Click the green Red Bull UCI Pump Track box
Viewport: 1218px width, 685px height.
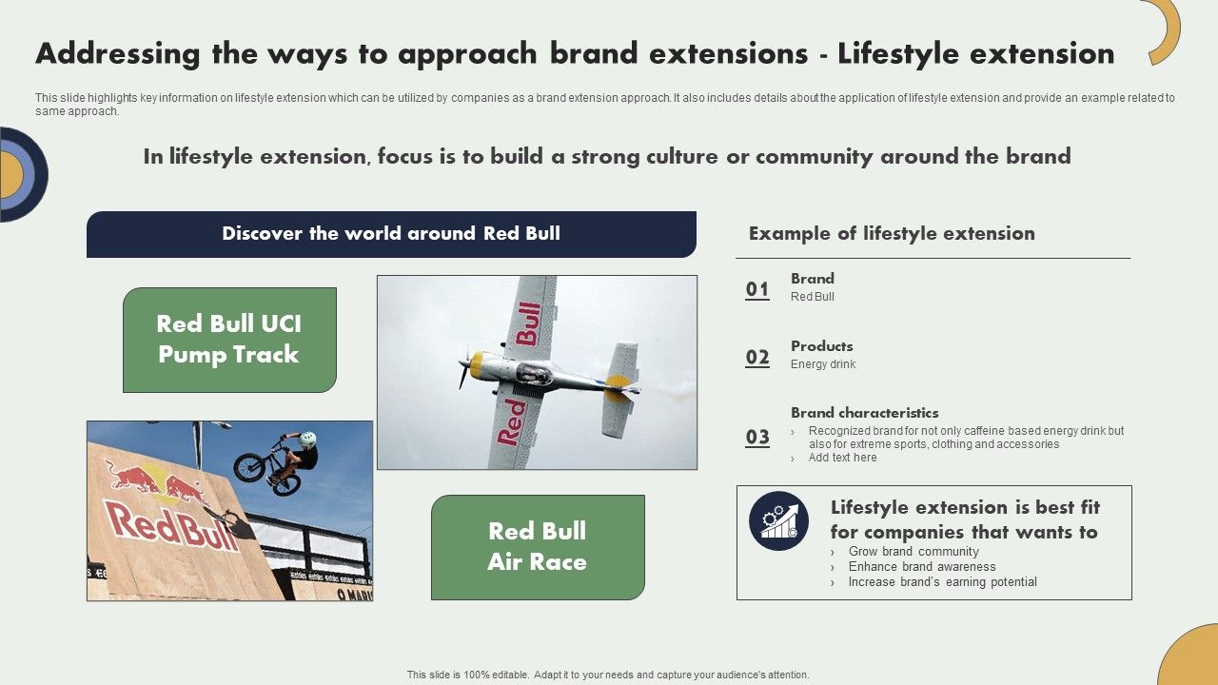pyautogui.click(x=229, y=340)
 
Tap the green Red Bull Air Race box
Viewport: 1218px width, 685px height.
pyautogui.click(x=538, y=547)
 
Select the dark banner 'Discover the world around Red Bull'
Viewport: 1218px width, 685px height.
pyautogui.click(x=391, y=234)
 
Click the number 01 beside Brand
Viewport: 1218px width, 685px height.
pyautogui.click(x=757, y=289)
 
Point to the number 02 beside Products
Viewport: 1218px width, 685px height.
pyautogui.click(x=757, y=357)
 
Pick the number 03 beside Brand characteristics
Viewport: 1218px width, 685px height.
pyautogui.click(x=757, y=437)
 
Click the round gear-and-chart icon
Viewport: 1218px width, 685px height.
pyautogui.click(x=778, y=520)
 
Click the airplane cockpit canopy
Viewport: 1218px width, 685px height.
pyautogui.click(x=533, y=373)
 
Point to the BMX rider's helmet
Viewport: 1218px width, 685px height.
pyautogui.click(x=306, y=440)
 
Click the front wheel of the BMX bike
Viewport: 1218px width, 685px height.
pyautogui.click(x=249, y=466)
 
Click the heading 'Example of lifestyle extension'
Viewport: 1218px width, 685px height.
pyautogui.click(x=892, y=234)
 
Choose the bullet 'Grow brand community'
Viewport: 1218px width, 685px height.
pyautogui.click(x=913, y=552)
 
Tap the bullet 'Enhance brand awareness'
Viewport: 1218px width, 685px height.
pyautogui.click(x=921, y=567)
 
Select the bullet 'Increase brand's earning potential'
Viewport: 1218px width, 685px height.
pyautogui.click(x=942, y=582)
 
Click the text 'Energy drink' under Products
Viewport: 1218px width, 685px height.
pyautogui.click(x=823, y=364)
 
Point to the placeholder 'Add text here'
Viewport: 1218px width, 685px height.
pyautogui.click(x=842, y=458)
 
